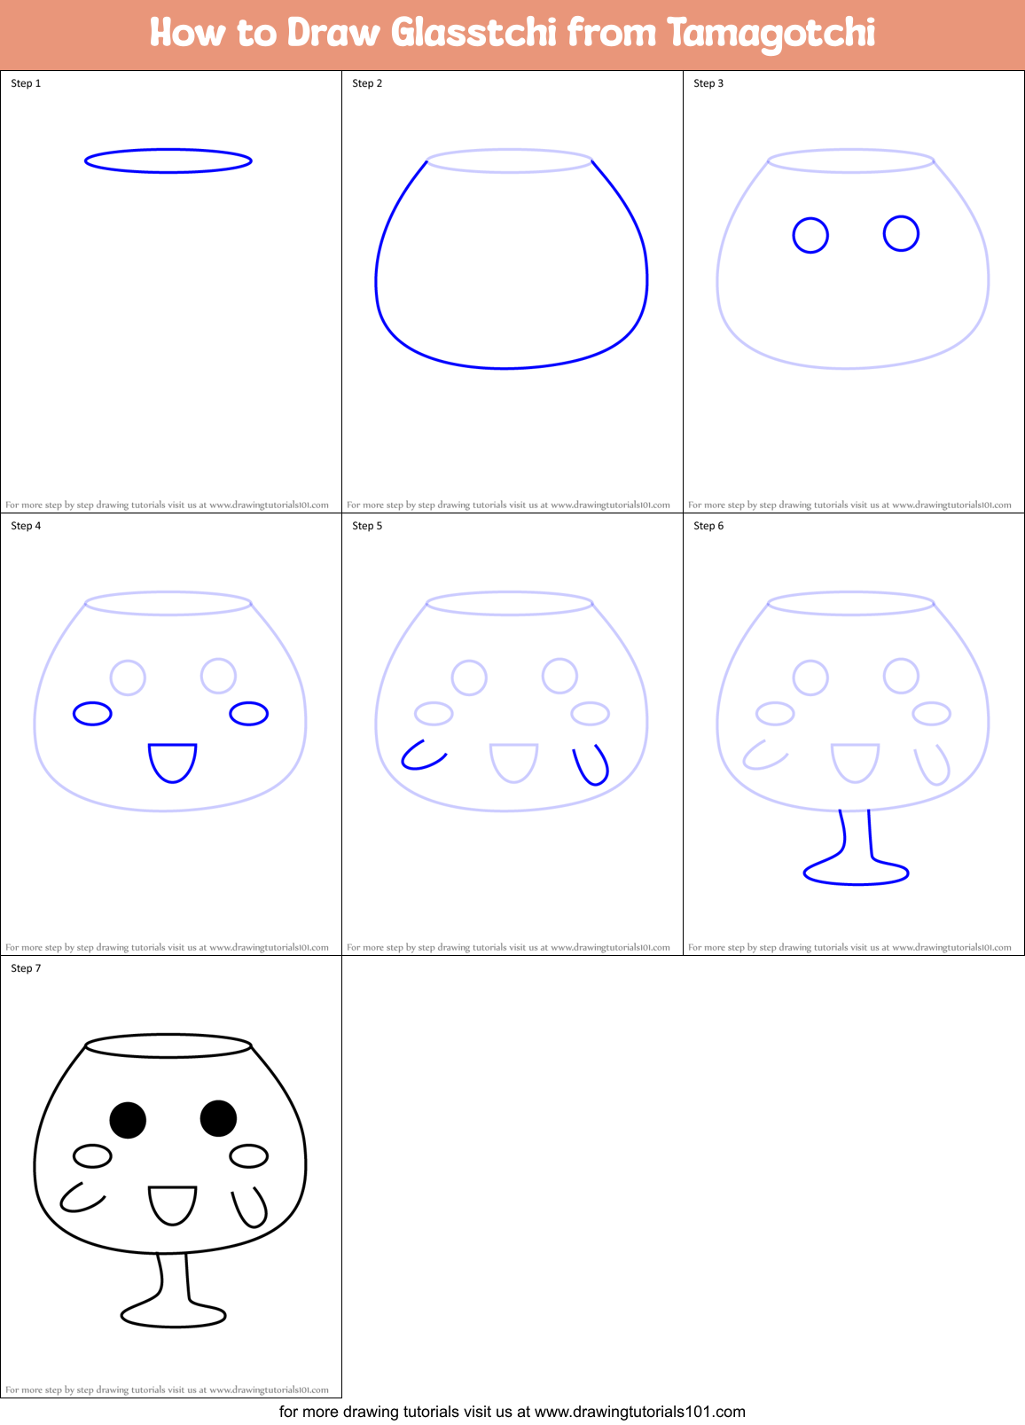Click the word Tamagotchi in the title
pyautogui.click(x=771, y=33)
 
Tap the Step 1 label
pyautogui.click(x=26, y=83)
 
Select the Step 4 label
pyautogui.click(x=26, y=526)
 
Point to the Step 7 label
pyautogui.click(x=26, y=968)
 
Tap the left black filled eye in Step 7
pyautogui.click(x=128, y=1120)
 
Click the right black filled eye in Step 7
pyautogui.click(x=218, y=1118)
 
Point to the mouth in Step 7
pyautogui.click(x=172, y=1205)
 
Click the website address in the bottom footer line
pyautogui.click(x=639, y=1412)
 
